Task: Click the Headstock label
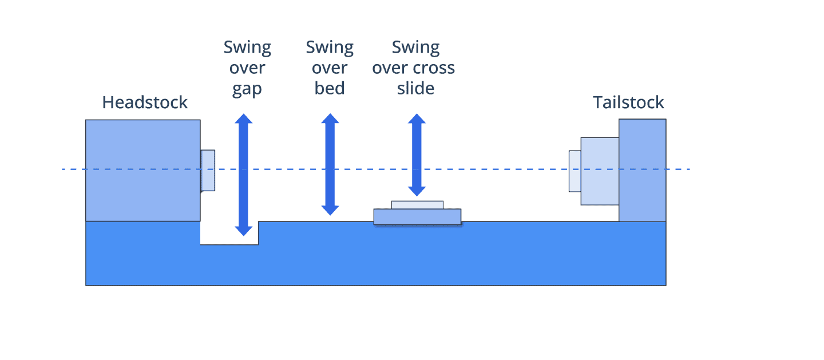(x=145, y=102)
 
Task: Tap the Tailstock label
(x=628, y=102)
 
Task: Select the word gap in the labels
(x=247, y=89)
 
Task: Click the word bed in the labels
(x=329, y=88)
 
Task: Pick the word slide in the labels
(x=415, y=88)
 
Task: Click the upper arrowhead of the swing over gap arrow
(x=244, y=119)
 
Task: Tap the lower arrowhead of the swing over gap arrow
(x=244, y=231)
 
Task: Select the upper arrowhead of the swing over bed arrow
(x=330, y=118)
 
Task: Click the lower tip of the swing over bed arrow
(x=330, y=215)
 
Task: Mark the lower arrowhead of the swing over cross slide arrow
(x=417, y=191)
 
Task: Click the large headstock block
(x=143, y=171)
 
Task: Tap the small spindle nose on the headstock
(x=208, y=171)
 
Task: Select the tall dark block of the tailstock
(x=642, y=170)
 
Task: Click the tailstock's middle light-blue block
(x=600, y=171)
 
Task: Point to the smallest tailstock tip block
(x=575, y=171)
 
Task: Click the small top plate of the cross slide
(x=417, y=205)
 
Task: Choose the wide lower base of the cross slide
(x=417, y=217)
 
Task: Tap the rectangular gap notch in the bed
(x=229, y=233)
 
